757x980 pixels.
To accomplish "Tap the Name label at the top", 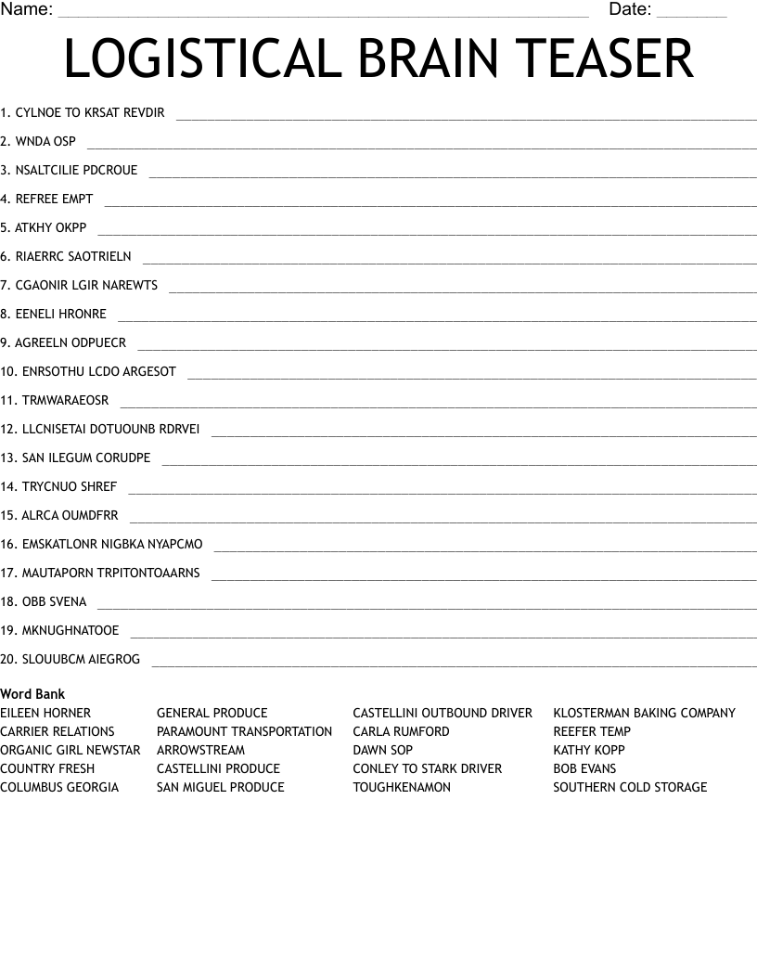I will pyautogui.click(x=26, y=10).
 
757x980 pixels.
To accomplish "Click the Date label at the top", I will pyautogui.click(x=630, y=10).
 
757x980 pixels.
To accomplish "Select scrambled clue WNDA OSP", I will pyautogui.click(x=45, y=142).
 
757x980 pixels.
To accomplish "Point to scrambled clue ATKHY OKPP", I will pyautogui.click(x=50, y=227).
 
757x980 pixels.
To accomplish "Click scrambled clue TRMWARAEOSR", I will pyautogui.click(x=65, y=401).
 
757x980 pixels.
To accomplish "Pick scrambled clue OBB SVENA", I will pyautogui.click(x=54, y=602).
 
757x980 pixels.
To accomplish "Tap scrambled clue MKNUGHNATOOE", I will pyautogui.click(x=70, y=631).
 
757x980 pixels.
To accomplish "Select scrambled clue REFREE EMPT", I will pyautogui.click(x=54, y=200).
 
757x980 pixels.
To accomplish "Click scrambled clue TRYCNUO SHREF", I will pyautogui.click(x=69, y=487).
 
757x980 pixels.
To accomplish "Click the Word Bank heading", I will pyautogui.click(x=32, y=694).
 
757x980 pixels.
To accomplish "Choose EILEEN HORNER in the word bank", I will pyautogui.click(x=45, y=714).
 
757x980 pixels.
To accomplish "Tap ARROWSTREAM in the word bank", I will pyautogui.click(x=200, y=751).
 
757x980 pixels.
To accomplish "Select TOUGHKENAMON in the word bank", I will pyautogui.click(x=402, y=788).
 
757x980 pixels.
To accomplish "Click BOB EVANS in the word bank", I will pyautogui.click(x=584, y=769).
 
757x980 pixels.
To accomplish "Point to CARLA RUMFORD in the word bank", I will pyautogui.click(x=401, y=732).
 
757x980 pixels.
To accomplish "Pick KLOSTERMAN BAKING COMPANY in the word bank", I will pyautogui.click(x=644, y=714).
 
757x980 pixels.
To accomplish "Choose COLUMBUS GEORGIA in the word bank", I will pyautogui.click(x=59, y=788).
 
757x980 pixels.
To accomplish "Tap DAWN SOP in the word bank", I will pyautogui.click(x=382, y=751).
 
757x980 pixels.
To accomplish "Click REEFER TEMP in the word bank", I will pyautogui.click(x=592, y=732).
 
